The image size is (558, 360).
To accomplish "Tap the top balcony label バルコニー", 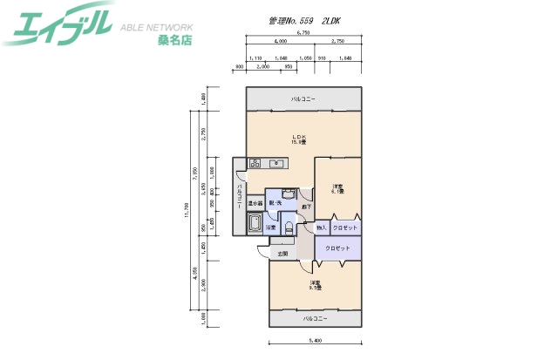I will click(303, 99).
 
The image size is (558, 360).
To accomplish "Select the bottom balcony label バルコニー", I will click(315, 319).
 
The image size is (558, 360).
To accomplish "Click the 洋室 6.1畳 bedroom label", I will click(337, 189).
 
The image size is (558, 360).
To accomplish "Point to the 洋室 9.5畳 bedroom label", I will click(315, 285).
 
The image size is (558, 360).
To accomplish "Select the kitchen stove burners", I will click(256, 163).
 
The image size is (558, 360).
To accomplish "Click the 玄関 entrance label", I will click(282, 254).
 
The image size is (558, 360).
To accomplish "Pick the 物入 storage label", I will click(321, 228).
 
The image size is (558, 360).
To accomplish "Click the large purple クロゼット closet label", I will click(337, 248).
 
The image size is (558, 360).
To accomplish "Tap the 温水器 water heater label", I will click(255, 203).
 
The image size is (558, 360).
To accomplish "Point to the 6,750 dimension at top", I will click(303, 32).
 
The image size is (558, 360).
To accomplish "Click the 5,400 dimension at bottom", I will click(316, 340).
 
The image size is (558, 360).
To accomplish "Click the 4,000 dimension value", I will click(280, 41).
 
